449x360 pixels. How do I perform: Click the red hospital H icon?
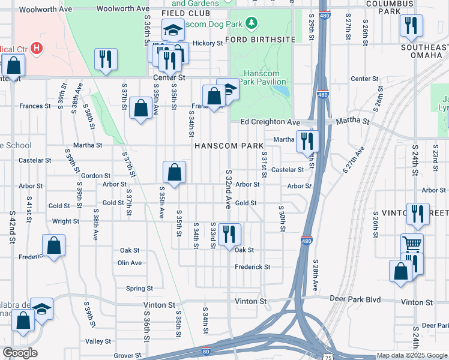(38, 47)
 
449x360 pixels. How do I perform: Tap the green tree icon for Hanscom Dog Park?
(253, 23)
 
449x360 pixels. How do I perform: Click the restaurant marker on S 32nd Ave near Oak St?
(229, 233)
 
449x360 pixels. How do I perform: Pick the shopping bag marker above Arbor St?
(174, 172)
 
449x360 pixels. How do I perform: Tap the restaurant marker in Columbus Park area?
(412, 25)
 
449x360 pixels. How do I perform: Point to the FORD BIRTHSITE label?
(261, 40)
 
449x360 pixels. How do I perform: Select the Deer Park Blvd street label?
(356, 299)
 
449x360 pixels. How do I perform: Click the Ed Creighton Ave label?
(270, 122)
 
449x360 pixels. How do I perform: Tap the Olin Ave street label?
(130, 263)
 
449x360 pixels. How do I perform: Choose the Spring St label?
(140, 289)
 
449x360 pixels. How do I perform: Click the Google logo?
(20, 353)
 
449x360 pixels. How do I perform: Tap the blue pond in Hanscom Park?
(280, 92)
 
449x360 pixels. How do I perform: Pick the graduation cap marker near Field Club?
(173, 30)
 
